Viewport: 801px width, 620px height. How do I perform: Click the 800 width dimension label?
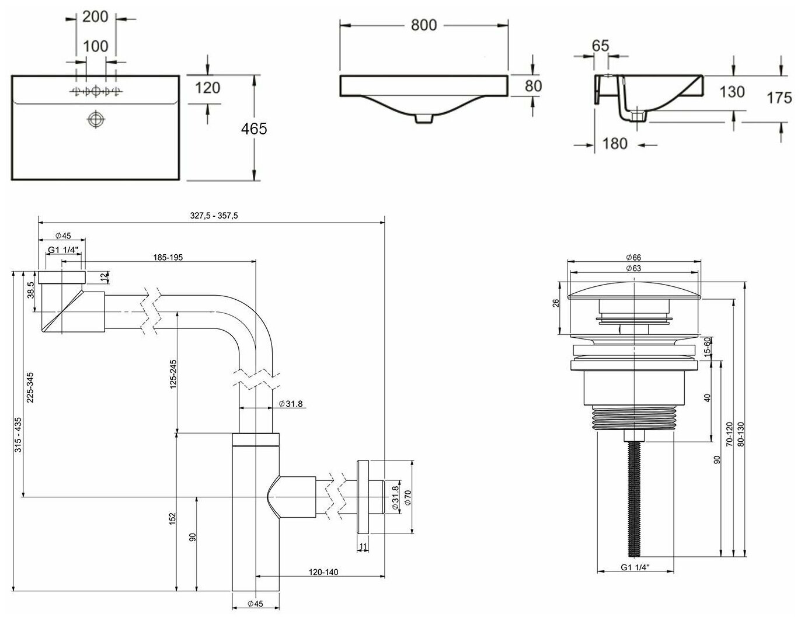[x=423, y=25]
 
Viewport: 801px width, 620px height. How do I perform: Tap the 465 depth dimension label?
[x=254, y=129]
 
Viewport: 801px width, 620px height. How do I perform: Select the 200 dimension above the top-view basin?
[x=95, y=17]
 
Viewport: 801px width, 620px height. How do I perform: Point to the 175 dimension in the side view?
[x=779, y=98]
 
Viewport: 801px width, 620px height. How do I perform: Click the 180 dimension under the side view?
[x=615, y=143]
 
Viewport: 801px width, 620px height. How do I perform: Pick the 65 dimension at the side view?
[x=600, y=45]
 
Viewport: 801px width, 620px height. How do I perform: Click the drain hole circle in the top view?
[x=95, y=119]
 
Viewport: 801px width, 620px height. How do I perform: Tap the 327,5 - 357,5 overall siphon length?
[x=214, y=216]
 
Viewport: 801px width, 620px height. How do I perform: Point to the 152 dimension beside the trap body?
[x=173, y=518]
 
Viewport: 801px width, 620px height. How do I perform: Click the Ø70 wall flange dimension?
[x=408, y=497]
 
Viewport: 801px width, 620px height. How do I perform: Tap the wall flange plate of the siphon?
[x=363, y=497]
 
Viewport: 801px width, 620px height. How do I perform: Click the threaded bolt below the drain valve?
[x=634, y=497]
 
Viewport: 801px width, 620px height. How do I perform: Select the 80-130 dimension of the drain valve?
[x=741, y=435]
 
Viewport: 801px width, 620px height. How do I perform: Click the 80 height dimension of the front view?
[x=533, y=86]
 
